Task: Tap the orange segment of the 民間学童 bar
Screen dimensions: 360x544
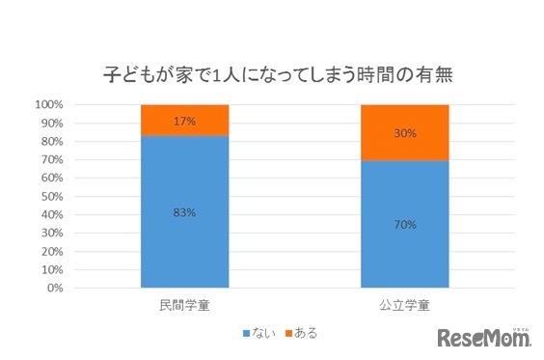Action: [184, 120]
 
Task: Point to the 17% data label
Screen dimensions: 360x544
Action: [184, 122]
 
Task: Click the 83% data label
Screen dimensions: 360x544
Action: [184, 212]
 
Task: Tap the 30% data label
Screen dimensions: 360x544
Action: [405, 133]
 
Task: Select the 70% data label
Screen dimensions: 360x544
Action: [405, 225]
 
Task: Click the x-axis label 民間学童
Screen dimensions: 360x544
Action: [183, 305]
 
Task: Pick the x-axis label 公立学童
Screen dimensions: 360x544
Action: [405, 305]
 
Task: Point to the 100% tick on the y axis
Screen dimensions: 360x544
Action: [49, 104]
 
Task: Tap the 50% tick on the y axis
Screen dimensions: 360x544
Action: [52, 196]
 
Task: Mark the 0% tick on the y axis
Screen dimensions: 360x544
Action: [55, 288]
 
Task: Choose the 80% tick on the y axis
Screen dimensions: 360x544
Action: [52, 141]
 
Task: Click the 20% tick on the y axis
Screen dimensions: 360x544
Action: [52, 251]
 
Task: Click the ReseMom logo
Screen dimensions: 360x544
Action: [485, 337]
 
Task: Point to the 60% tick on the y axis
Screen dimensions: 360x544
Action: [52, 178]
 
